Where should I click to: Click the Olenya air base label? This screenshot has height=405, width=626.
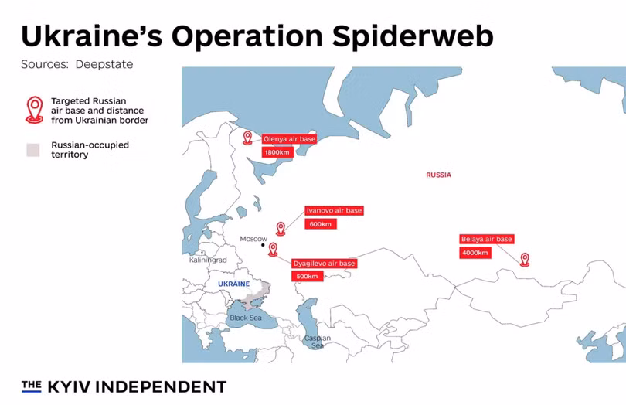[284, 139]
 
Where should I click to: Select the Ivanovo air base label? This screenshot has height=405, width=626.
[334, 210]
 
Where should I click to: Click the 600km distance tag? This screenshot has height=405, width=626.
[320, 224]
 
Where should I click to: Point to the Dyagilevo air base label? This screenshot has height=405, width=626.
[325, 264]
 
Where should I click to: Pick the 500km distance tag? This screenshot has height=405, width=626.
[307, 277]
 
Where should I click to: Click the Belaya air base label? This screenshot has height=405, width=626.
[487, 240]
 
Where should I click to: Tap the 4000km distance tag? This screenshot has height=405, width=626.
[475, 253]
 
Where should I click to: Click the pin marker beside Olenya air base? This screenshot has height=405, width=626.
[247, 138]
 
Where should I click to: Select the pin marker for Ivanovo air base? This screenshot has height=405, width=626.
[281, 228]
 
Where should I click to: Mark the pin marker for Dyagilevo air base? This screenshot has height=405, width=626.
[273, 249]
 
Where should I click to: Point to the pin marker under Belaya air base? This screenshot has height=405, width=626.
[525, 259]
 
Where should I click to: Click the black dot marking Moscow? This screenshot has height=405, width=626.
[263, 246]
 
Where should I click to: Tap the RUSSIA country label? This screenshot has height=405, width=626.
[438, 175]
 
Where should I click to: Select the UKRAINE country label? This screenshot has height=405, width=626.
[234, 284]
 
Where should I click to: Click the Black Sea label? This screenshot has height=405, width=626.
[246, 318]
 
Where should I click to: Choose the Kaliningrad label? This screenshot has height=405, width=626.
[208, 260]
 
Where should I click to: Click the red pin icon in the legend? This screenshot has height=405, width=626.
[34, 110]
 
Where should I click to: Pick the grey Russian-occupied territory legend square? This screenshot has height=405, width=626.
[32, 150]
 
